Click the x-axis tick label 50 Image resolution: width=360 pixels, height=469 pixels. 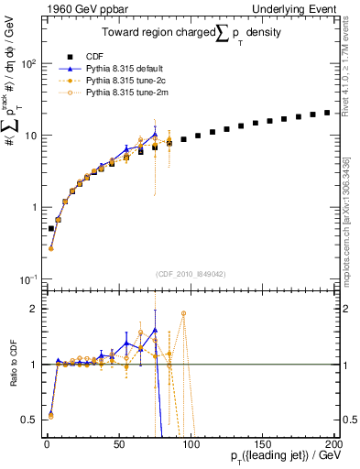click(118, 444)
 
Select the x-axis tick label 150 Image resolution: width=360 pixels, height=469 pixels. click(261, 444)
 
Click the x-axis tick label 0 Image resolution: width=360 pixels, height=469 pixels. click(47, 444)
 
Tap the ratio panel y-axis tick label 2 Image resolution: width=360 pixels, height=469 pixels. click(34, 309)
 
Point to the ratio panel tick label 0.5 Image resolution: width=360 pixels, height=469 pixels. click(30, 420)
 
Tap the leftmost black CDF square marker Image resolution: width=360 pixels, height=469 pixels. click(51, 228)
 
